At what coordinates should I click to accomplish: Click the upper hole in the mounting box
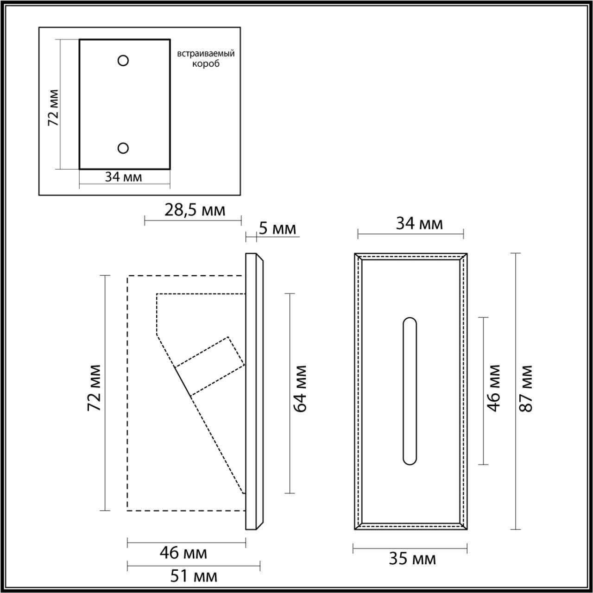(x=123, y=60)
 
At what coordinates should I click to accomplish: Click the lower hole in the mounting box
(x=123, y=148)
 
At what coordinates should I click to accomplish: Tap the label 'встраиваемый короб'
(x=206, y=58)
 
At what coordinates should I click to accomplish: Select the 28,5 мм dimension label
(x=195, y=210)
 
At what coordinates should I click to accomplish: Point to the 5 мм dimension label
(x=277, y=228)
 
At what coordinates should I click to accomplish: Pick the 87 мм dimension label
(x=527, y=389)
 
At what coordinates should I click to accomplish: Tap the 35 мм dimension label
(x=412, y=559)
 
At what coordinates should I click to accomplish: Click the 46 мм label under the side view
(x=183, y=553)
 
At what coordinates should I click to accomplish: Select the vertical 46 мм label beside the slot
(x=494, y=388)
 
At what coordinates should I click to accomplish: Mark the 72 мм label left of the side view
(x=95, y=388)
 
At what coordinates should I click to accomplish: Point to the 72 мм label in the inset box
(x=53, y=108)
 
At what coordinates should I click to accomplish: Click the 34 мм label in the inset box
(x=123, y=177)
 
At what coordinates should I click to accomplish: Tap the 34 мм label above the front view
(x=419, y=224)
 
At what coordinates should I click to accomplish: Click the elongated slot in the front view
(x=410, y=391)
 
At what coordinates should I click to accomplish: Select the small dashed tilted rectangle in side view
(x=210, y=366)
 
